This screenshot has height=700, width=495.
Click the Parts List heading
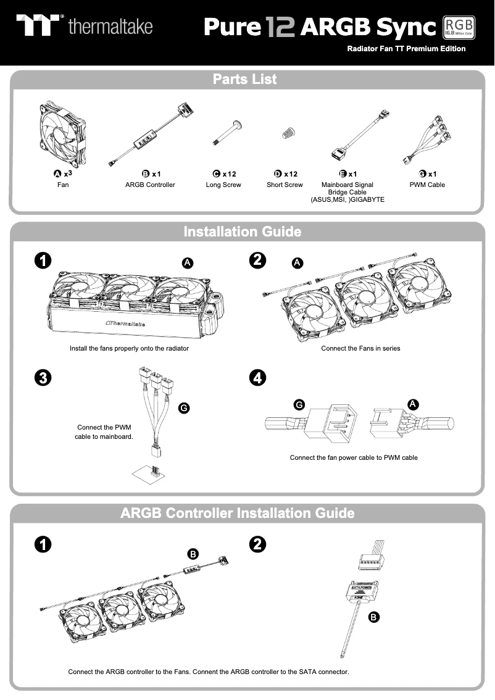point(245,80)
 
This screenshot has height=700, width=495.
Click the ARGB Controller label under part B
point(150,185)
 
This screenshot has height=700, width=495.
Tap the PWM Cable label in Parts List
point(427,185)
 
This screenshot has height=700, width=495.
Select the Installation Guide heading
point(243,232)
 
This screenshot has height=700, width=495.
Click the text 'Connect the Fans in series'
point(360,348)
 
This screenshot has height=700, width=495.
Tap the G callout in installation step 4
point(299,404)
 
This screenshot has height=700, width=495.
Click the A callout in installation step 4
point(413,404)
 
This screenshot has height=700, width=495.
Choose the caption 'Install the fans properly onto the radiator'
point(129,348)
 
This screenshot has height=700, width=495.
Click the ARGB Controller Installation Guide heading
point(238,514)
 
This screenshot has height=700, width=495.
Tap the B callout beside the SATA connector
point(373,616)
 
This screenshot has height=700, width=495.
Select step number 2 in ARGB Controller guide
point(257,544)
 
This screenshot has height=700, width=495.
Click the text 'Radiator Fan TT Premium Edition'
point(406,49)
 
